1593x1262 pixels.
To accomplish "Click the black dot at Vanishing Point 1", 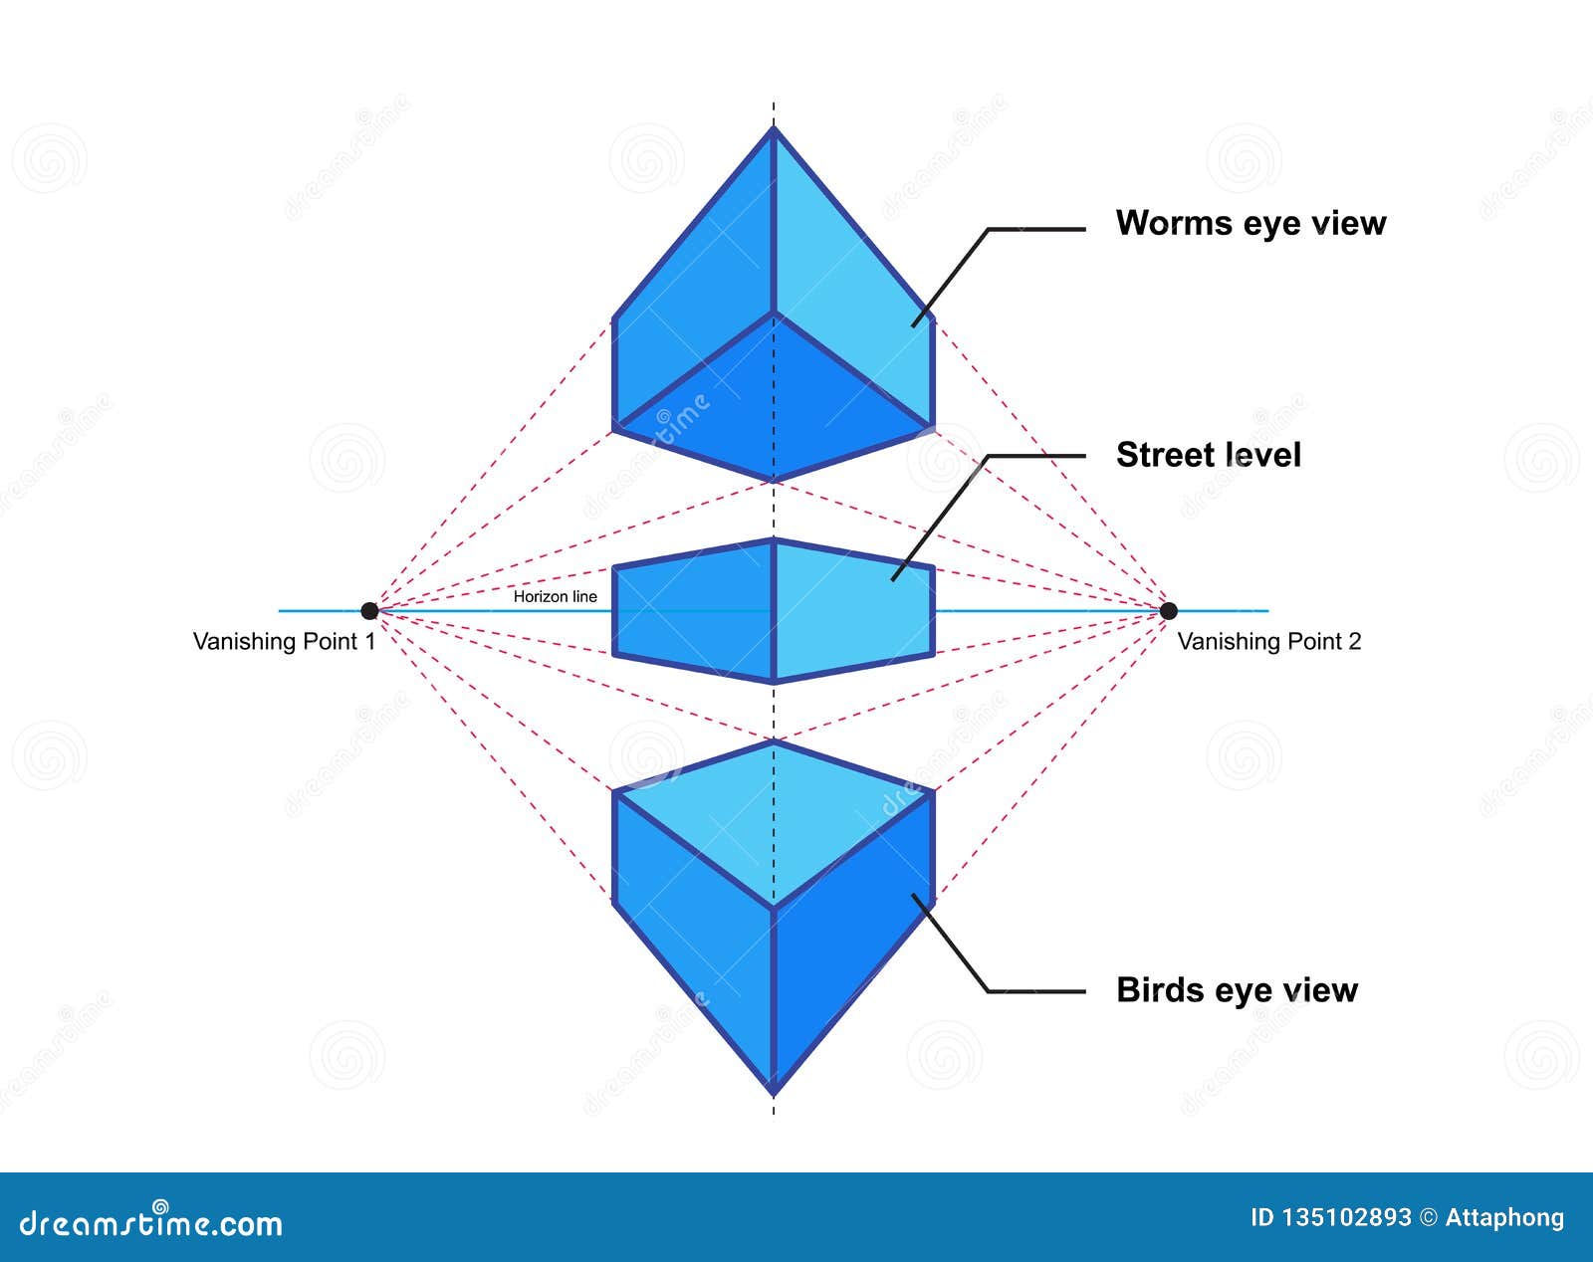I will coord(369,610).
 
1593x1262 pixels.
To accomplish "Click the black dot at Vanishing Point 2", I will coord(1169,610).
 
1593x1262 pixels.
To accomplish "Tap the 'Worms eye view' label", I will coord(1250,223).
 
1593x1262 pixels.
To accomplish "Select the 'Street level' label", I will coord(1208,455).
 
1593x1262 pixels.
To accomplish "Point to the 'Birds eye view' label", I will coord(1236,990).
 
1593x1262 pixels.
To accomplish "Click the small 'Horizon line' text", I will coord(555,596).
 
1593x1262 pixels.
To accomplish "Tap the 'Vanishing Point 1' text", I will coord(284,642).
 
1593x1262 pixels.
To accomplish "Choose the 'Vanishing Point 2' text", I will coord(1268,642).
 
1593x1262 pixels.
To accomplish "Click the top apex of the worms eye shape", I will coord(774,129).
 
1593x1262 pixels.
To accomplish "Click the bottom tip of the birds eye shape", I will coord(774,1092).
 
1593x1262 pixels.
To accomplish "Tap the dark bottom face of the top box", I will coord(774,408).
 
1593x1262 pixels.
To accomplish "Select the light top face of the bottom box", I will coord(774,816).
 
